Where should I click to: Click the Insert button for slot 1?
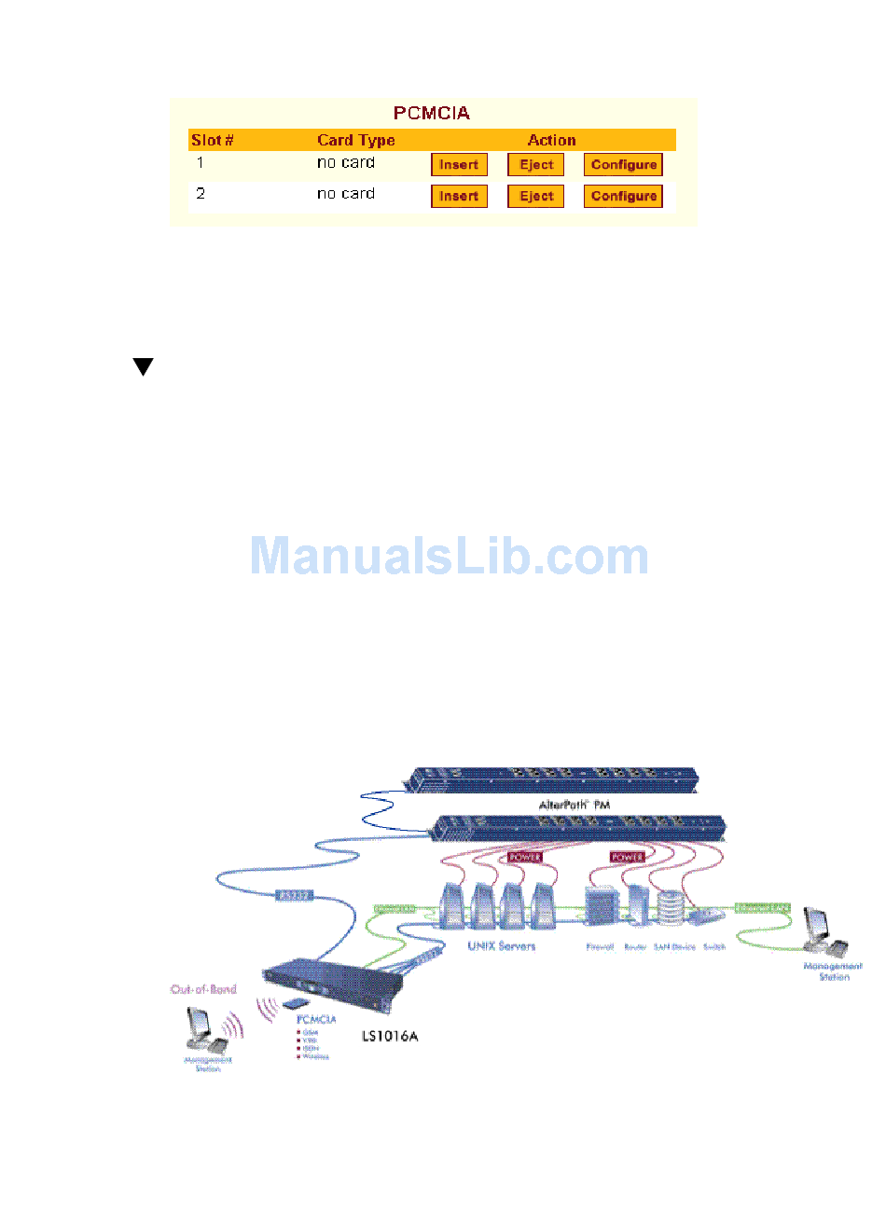[459, 165]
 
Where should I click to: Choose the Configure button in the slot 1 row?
[623, 165]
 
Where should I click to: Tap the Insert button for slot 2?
[459, 197]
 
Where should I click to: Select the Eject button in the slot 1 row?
[536, 165]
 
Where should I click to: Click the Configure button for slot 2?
[623, 197]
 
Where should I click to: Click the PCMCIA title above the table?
[432, 114]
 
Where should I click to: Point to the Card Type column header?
[355, 141]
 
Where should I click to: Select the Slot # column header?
[213, 141]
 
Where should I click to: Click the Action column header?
[551, 141]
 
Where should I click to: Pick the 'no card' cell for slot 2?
[346, 194]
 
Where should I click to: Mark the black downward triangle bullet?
[143, 366]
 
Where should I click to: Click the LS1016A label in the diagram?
[390, 1036]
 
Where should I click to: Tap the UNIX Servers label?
[502, 945]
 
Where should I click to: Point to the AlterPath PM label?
[575, 805]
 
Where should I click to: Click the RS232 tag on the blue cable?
[294, 896]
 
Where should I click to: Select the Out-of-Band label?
[203, 989]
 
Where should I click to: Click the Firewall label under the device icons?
[599, 947]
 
